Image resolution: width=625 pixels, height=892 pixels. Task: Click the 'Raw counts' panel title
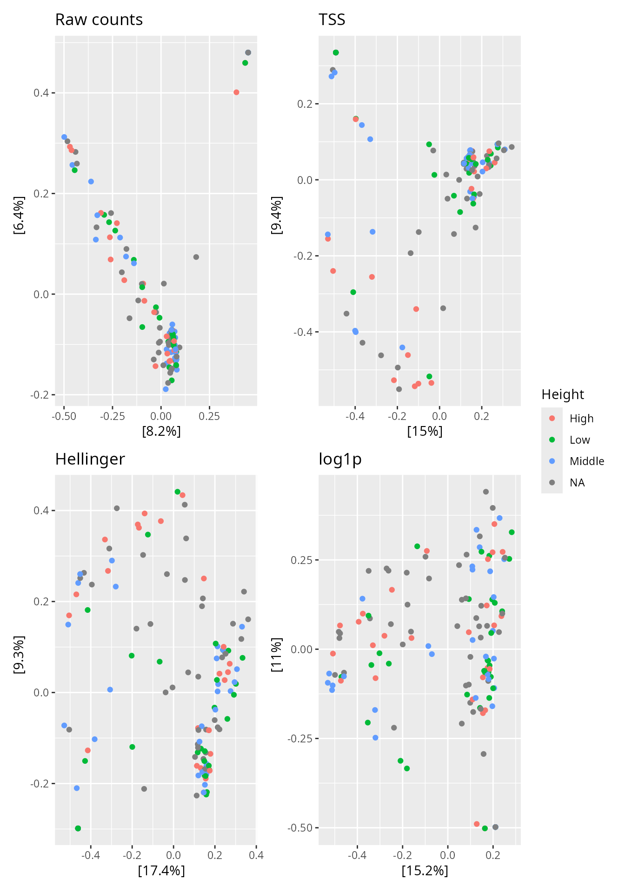pos(99,20)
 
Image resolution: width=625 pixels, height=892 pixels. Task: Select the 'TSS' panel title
pos(332,20)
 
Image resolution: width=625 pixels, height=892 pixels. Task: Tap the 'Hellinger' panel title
pos(90,459)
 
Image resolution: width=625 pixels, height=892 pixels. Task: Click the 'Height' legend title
pos(563,394)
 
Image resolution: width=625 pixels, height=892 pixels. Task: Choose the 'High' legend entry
pos(581,419)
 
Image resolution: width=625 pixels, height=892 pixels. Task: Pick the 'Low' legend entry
pos(579,440)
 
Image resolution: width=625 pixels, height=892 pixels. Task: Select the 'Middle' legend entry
pos(586,461)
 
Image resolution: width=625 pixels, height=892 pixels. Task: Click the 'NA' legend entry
pos(577,483)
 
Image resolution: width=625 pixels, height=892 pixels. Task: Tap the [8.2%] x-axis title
pos(161,432)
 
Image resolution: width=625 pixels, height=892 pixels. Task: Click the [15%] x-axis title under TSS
pos(425,432)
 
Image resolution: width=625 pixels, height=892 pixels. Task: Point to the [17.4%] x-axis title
pos(161,871)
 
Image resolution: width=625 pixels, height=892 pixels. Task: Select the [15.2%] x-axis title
pos(425,871)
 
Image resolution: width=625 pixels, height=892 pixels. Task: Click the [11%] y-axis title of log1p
pos(277,655)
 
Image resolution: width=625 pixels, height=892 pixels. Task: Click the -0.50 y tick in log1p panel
pos(300,828)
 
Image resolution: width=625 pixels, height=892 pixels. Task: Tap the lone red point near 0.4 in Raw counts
pos(236,92)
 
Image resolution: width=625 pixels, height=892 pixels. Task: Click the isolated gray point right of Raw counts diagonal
pos(196,257)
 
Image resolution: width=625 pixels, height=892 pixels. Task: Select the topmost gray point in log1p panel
pos(485,492)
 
